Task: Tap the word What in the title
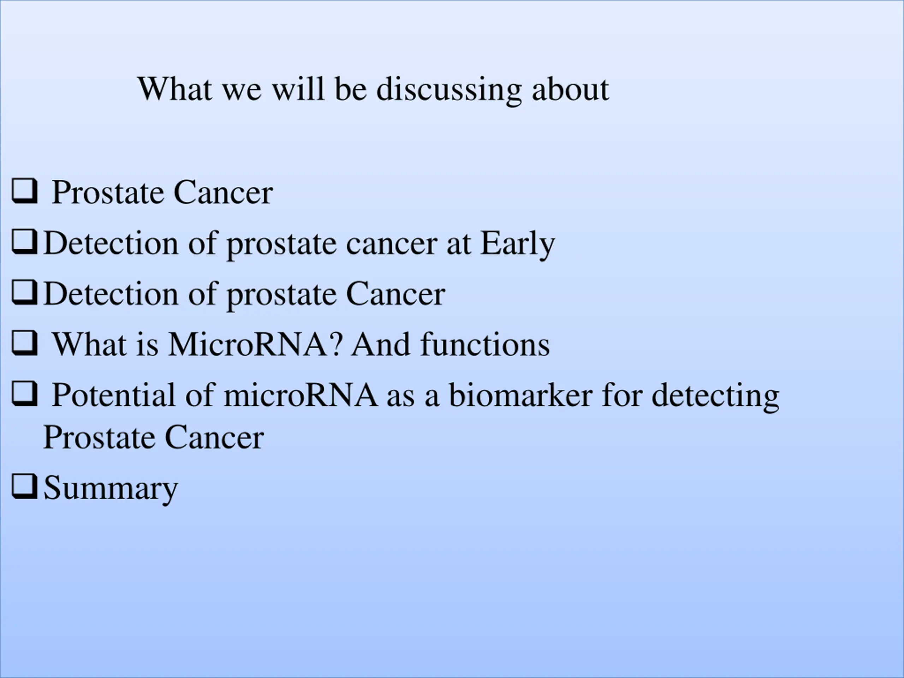click(x=175, y=89)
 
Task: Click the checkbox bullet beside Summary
click(x=24, y=486)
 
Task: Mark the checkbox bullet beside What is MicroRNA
click(x=24, y=343)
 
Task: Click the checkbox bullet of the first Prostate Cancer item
click(x=24, y=191)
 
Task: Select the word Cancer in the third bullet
click(x=395, y=294)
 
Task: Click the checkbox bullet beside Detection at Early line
click(x=24, y=242)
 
